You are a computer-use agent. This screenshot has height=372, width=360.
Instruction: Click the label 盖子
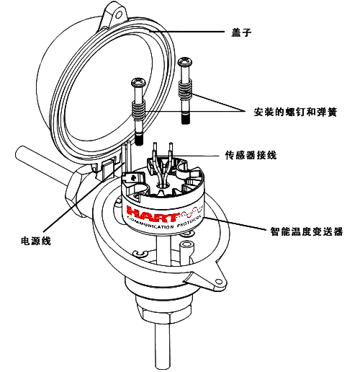click(241, 32)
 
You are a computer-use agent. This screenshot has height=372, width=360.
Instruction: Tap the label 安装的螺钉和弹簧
click(295, 112)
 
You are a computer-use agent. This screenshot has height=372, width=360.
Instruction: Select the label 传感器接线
click(251, 155)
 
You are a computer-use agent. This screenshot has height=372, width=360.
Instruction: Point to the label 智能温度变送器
click(307, 231)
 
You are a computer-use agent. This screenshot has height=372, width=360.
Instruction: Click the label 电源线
click(36, 241)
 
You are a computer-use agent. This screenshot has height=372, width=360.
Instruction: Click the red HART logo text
click(153, 212)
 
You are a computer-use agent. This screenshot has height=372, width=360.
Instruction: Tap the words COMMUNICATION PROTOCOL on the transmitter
click(164, 223)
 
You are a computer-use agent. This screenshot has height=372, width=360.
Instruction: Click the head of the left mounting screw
click(138, 82)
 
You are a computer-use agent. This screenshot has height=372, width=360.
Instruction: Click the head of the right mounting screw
click(185, 61)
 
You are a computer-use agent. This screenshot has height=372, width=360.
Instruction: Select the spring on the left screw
click(139, 110)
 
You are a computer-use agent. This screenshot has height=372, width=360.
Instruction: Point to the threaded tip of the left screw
click(139, 139)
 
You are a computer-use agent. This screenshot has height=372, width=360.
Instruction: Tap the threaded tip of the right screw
click(186, 119)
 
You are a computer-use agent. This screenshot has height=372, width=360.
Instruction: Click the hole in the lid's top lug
click(119, 15)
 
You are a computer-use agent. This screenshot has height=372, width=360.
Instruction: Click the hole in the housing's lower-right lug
click(219, 281)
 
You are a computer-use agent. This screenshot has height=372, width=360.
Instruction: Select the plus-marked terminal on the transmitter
click(133, 178)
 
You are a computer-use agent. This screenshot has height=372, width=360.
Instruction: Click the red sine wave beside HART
click(192, 211)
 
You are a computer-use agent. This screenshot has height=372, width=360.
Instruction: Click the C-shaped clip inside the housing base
click(140, 254)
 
